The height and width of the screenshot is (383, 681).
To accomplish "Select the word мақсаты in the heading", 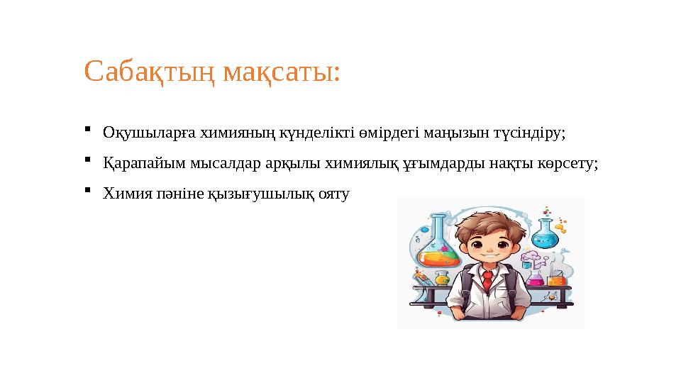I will pyautogui.click(x=280, y=72).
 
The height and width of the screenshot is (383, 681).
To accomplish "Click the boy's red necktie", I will pyautogui.click(x=487, y=279).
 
